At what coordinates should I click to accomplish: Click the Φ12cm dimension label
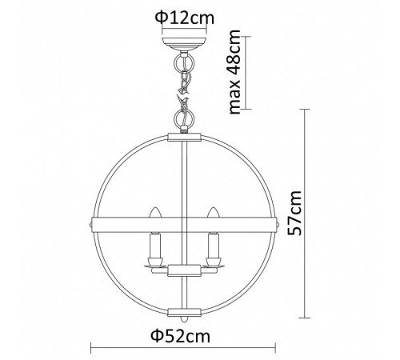(x=185, y=18)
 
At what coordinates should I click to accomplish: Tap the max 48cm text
(x=235, y=72)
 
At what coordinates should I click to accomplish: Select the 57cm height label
(x=294, y=213)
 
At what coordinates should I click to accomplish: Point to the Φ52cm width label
(x=181, y=336)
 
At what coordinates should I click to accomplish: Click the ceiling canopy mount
(x=184, y=44)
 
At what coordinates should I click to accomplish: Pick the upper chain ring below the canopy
(x=184, y=63)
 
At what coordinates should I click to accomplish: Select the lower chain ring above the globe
(x=183, y=118)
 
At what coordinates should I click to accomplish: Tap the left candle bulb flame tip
(x=155, y=208)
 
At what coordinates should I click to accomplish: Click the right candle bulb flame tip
(x=214, y=208)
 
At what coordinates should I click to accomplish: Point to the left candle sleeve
(x=155, y=246)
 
